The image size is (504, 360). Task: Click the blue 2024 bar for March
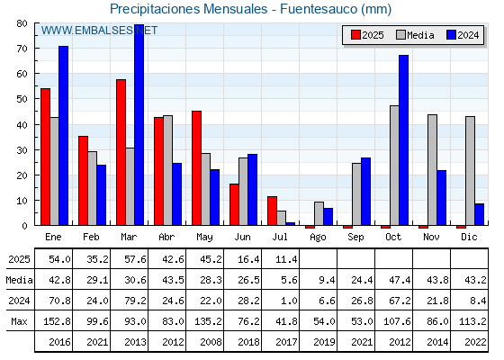139,125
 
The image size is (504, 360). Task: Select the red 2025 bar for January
45,157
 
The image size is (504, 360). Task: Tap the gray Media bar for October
394,166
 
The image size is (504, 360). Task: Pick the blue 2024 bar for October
404,140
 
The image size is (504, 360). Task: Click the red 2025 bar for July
272,211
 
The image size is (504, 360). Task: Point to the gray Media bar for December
470,171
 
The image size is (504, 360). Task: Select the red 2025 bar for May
197,168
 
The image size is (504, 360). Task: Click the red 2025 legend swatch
355,35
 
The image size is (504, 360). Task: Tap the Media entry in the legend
415,35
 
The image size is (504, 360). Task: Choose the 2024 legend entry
463,35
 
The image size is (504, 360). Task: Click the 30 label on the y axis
22,150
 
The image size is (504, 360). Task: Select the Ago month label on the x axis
318,238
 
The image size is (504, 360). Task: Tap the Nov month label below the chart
431,237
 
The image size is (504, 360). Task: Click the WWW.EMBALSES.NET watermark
99,31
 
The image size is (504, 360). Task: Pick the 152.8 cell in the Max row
57,321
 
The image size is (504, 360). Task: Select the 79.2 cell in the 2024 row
135,301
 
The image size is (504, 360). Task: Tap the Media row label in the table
19,280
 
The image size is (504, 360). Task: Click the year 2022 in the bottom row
476,342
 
